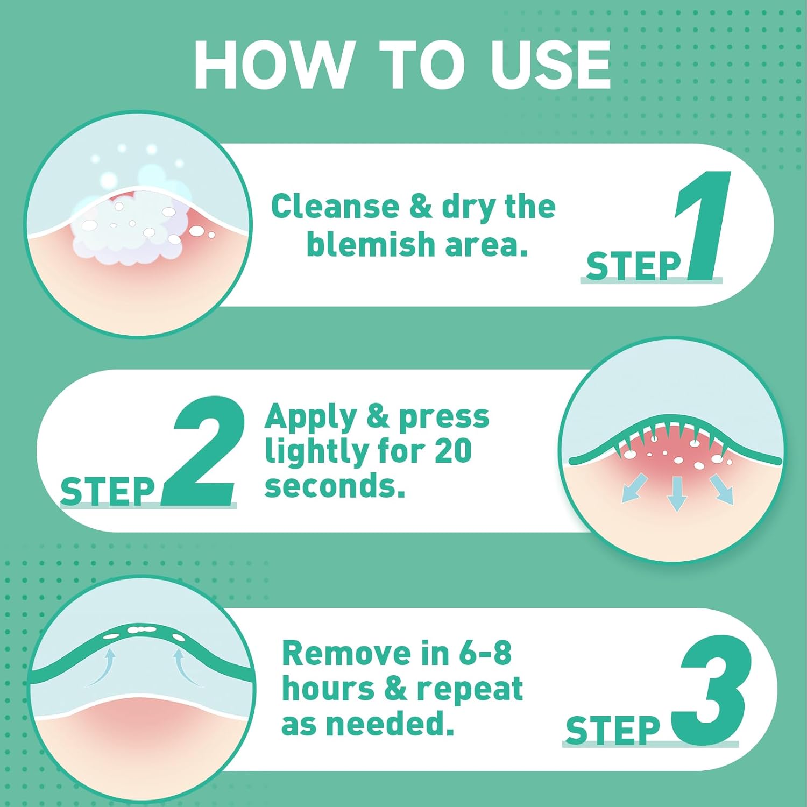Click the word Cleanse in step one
[335, 207]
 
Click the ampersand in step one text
[420, 207]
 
